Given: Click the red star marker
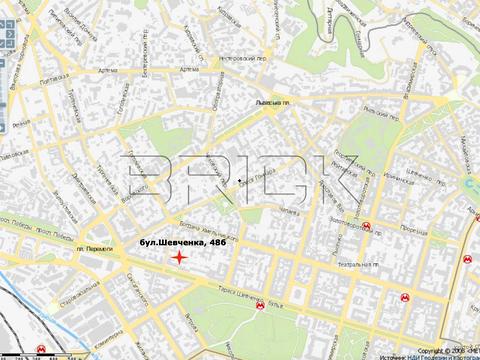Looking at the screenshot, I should coord(179,258).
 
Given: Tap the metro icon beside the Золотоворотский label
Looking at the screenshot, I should coord(371,226).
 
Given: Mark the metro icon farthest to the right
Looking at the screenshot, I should coord(467,257).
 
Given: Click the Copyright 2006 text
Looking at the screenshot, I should coord(445,351).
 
